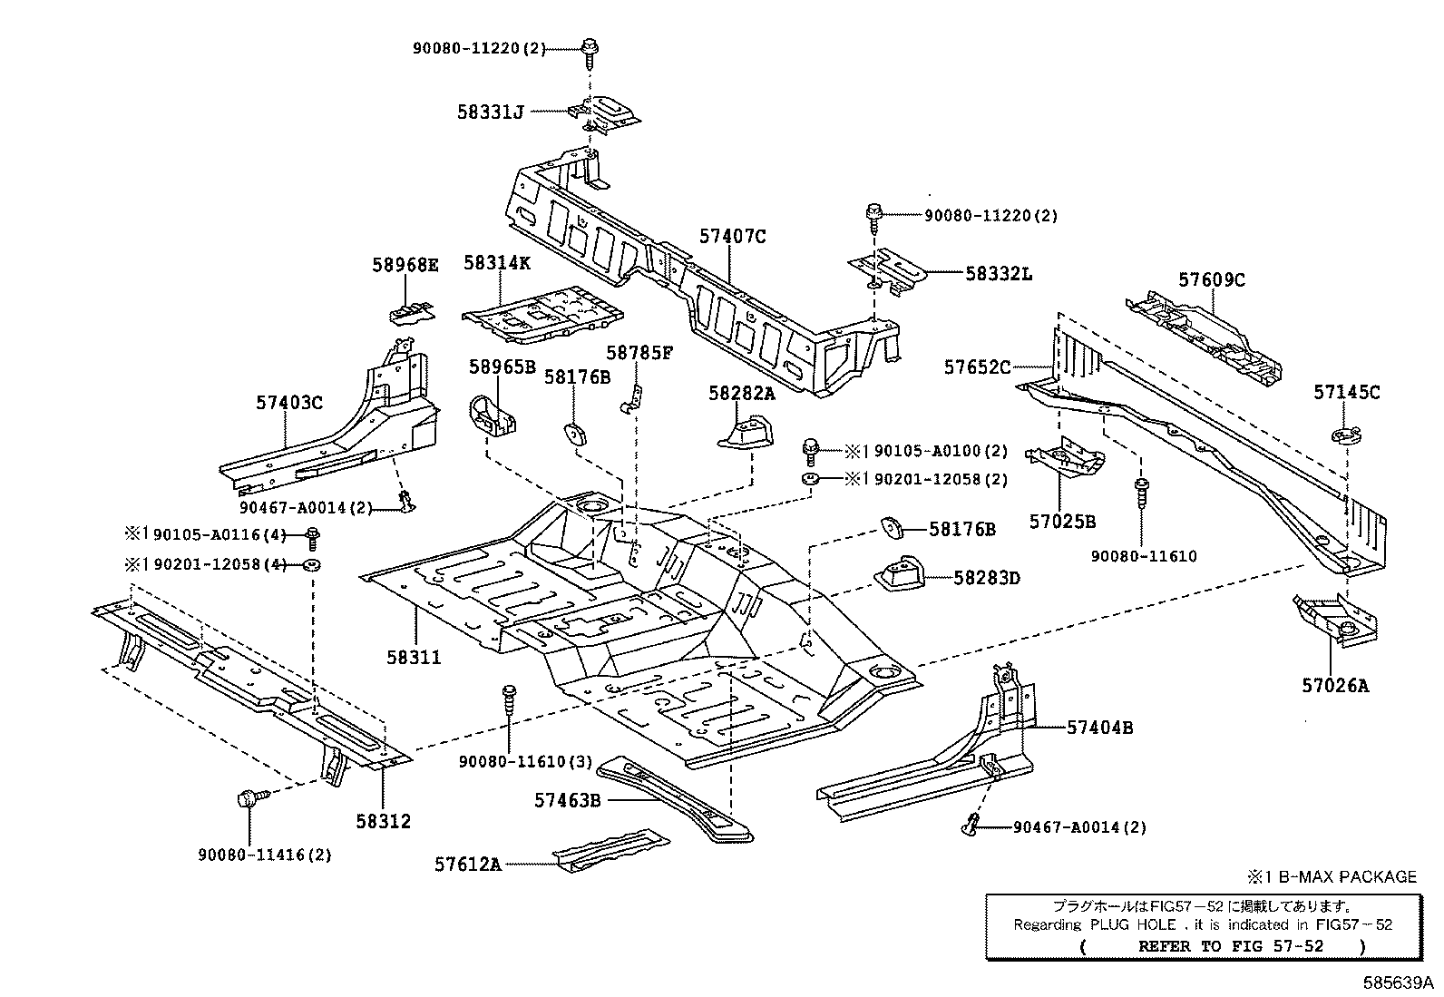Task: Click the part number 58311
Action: [x=414, y=658]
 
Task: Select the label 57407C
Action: [x=733, y=237]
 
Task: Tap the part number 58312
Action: [x=383, y=822]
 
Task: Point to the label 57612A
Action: [x=467, y=865]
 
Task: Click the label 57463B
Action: [x=567, y=800]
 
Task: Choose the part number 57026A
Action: [x=1335, y=686]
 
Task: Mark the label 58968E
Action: [x=405, y=265]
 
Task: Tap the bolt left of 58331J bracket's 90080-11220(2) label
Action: [x=590, y=54]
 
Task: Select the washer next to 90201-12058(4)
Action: [x=312, y=565]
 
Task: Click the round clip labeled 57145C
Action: [x=1346, y=435]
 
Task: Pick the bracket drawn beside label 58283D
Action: [x=899, y=572]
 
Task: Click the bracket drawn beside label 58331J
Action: [x=604, y=115]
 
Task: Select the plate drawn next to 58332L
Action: [x=888, y=271]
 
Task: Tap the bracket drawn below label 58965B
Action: [x=492, y=416]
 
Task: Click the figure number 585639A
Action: [x=1398, y=982]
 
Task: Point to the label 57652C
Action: [x=977, y=367]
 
